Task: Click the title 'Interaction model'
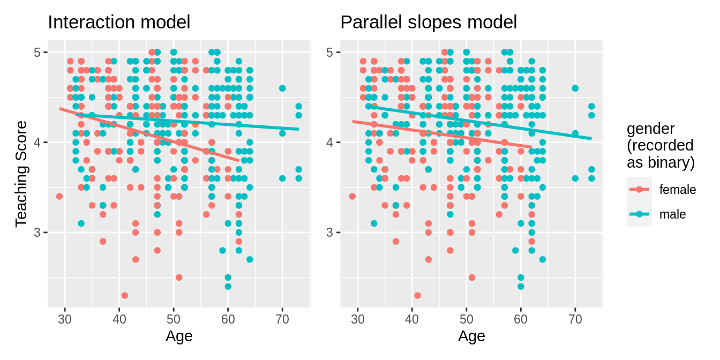(x=119, y=22)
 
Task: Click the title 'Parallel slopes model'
(x=429, y=22)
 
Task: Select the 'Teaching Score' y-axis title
(x=21, y=174)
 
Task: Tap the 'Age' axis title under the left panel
(x=179, y=336)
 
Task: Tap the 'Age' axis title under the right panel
(x=471, y=336)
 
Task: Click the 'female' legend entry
(x=677, y=190)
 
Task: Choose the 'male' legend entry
(x=672, y=214)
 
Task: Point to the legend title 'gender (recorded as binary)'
(x=660, y=146)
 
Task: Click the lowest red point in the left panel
(x=125, y=295)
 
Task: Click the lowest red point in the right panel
(x=417, y=295)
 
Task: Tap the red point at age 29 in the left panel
(x=59, y=196)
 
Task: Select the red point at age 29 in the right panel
(x=352, y=196)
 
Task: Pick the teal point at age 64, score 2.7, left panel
(x=250, y=259)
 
